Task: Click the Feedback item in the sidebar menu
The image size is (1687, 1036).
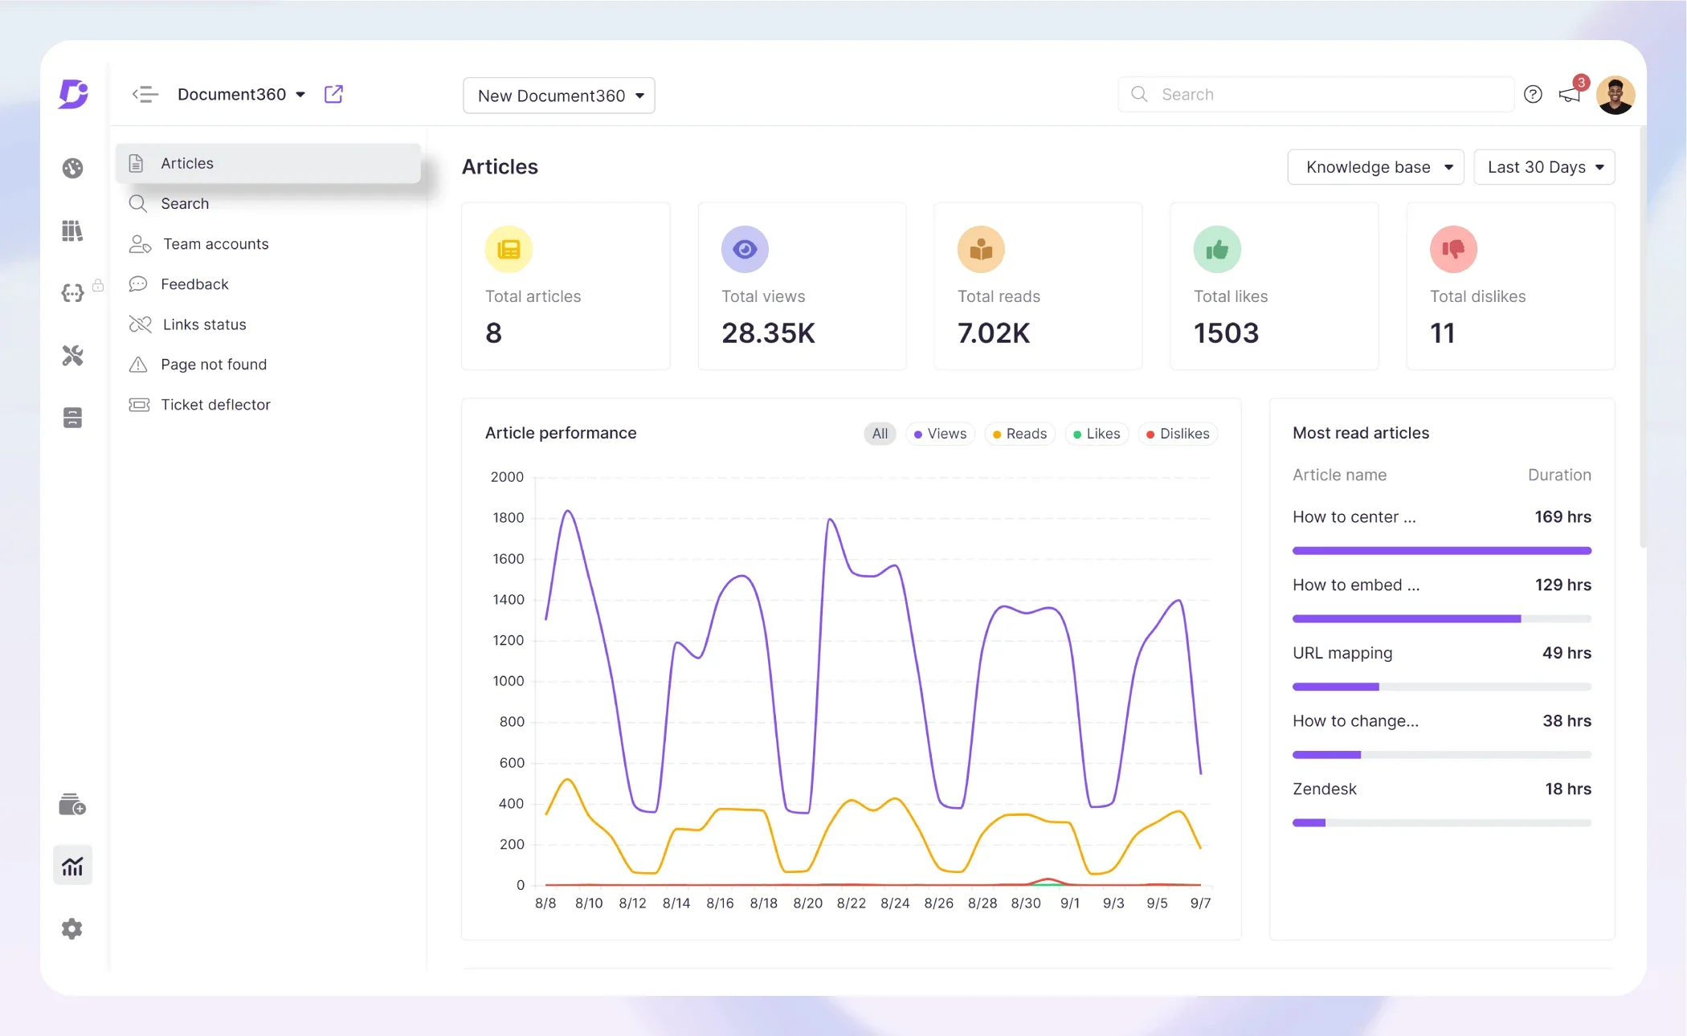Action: (x=194, y=284)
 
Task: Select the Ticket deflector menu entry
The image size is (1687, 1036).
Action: (x=215, y=405)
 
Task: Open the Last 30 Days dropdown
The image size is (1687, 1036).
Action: (x=1543, y=167)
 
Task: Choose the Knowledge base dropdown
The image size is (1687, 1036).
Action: (x=1375, y=167)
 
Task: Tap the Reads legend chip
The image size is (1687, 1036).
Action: (x=1019, y=434)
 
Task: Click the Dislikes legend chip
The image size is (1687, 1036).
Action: (x=1178, y=434)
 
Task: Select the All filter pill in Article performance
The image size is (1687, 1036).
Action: (x=880, y=434)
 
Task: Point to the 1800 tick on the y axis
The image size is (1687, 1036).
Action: (x=508, y=518)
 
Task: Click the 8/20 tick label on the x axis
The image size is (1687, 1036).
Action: (x=807, y=903)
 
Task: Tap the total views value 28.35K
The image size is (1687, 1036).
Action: (x=768, y=333)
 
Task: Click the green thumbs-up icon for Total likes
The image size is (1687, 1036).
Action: (x=1217, y=250)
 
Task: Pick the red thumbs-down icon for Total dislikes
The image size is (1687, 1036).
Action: (x=1453, y=250)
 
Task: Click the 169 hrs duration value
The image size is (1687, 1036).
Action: (x=1562, y=517)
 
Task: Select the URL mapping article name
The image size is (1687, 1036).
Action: (x=1342, y=653)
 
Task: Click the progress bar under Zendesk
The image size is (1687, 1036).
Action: (x=1441, y=822)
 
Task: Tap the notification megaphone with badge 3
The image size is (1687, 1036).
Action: (x=1570, y=95)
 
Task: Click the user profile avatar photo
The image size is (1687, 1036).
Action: (x=1616, y=95)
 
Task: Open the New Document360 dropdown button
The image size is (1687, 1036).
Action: (x=559, y=96)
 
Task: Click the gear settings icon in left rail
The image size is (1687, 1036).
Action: (x=72, y=929)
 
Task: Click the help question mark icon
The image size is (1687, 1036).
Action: (x=1533, y=95)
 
